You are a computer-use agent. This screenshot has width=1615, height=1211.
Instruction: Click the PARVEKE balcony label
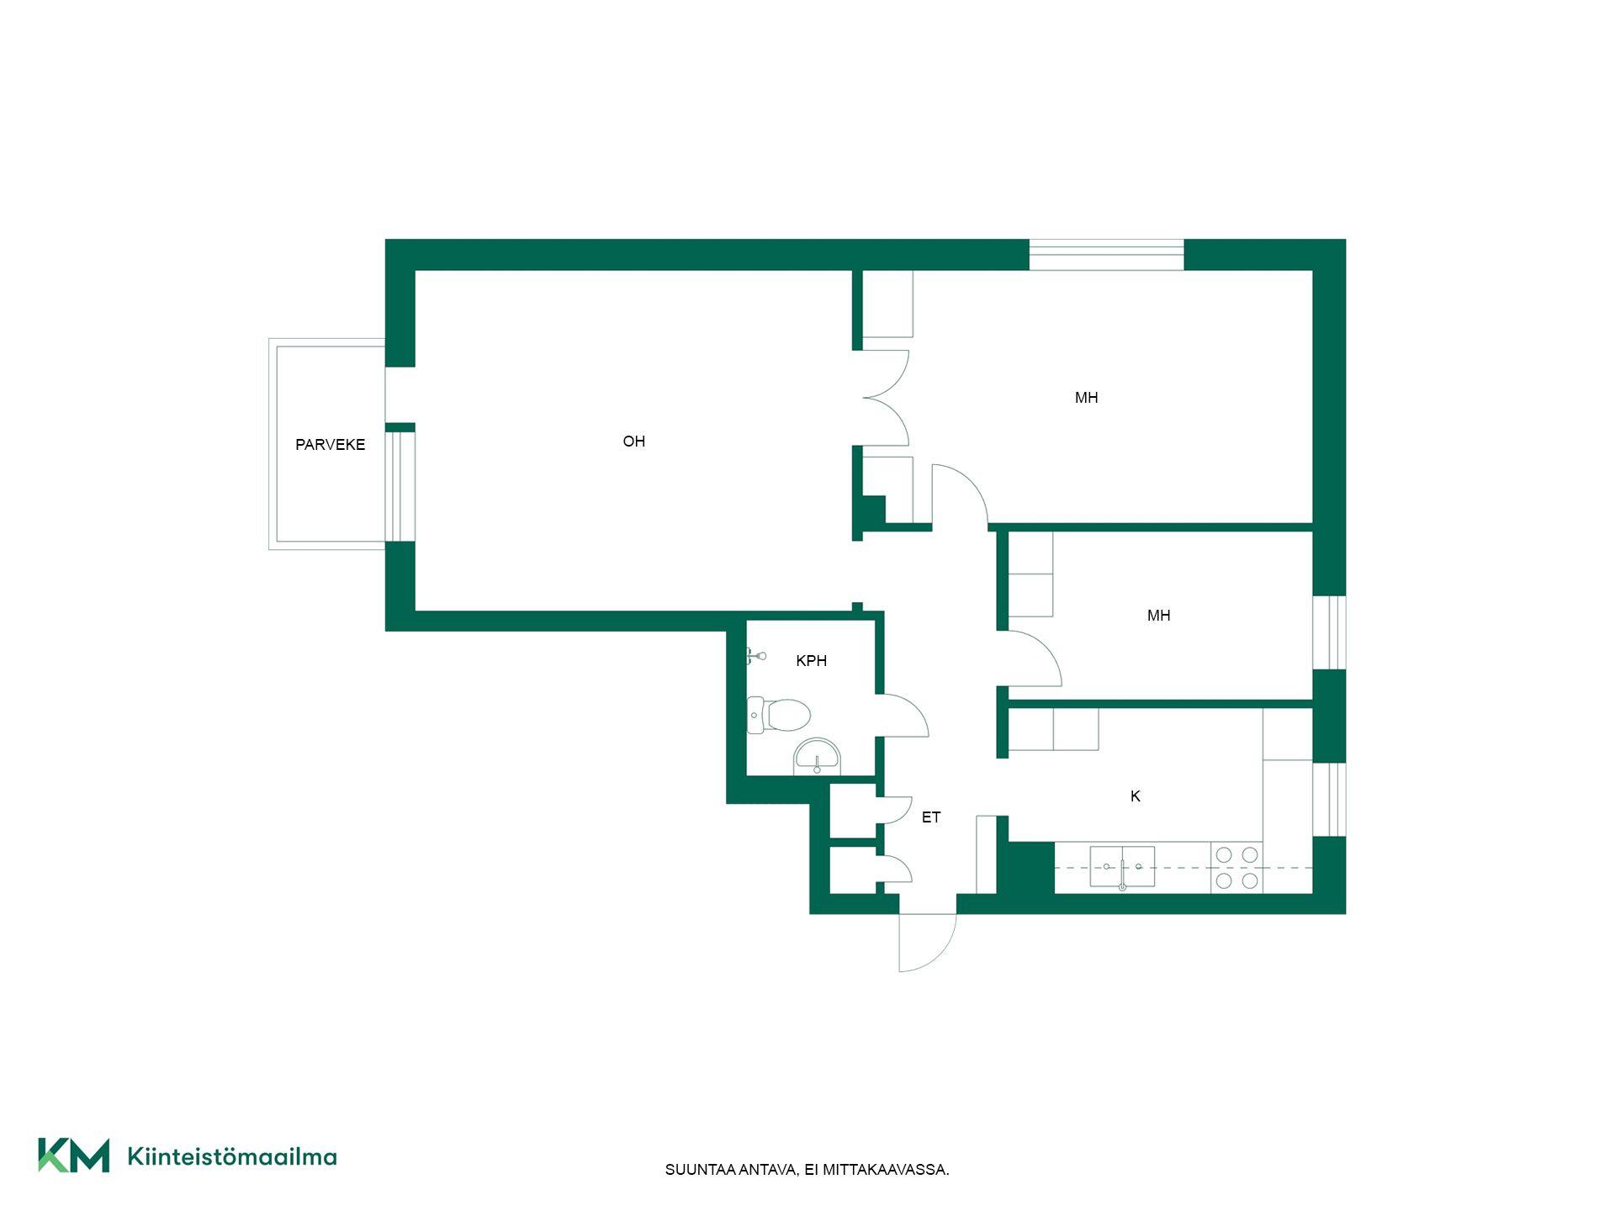[330, 445]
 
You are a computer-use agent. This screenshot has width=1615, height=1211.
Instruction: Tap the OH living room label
[633, 442]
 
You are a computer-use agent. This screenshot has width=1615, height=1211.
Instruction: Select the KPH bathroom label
[811, 661]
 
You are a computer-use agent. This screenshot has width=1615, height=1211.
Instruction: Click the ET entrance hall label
[930, 817]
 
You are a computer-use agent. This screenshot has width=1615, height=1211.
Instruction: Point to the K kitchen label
[1135, 796]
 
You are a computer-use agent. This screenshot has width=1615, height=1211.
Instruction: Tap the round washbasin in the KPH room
[817, 757]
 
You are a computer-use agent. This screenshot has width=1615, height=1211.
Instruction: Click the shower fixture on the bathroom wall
[756, 656]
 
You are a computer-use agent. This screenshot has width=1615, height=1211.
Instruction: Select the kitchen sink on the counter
[1122, 867]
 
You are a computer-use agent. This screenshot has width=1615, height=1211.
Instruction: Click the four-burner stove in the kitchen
[1236, 868]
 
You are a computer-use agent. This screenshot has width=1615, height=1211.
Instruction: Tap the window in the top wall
[1106, 255]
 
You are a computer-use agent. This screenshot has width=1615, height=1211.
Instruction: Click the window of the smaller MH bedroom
[1329, 632]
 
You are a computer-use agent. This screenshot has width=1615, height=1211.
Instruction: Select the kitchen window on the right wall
[1329, 799]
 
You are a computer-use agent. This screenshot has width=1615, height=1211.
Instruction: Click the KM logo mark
[74, 1155]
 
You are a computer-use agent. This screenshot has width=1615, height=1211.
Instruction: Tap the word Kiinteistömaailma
[232, 1157]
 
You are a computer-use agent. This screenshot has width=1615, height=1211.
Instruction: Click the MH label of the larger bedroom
[1086, 398]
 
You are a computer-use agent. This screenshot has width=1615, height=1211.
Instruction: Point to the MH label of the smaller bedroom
[1158, 616]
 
